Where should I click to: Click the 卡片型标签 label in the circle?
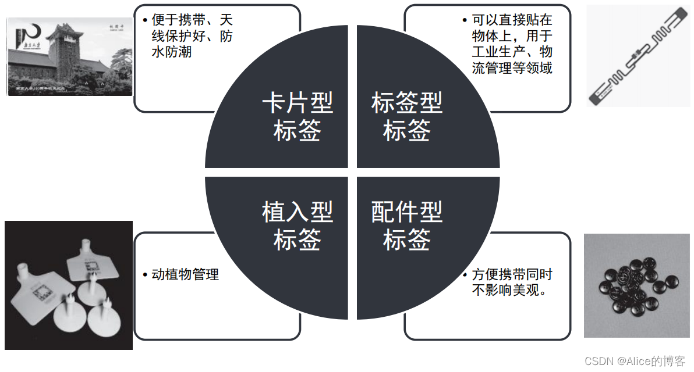(297, 117)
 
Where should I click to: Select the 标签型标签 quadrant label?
(406, 117)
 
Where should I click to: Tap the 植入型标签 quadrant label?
(297, 226)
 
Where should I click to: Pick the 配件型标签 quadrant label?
(406, 226)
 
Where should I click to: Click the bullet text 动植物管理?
(185, 274)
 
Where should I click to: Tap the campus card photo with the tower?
(69, 56)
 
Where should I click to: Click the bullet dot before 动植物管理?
(145, 274)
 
